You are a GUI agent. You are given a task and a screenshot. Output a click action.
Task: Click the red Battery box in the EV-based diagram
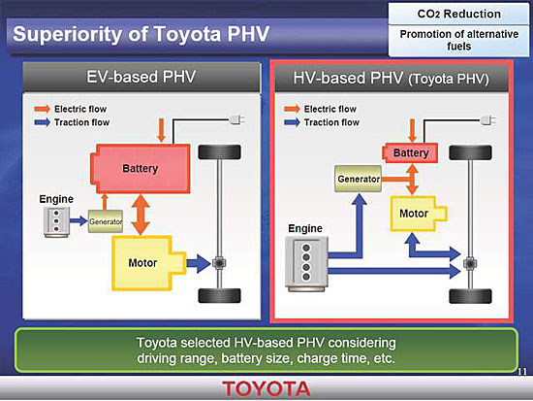click(141, 168)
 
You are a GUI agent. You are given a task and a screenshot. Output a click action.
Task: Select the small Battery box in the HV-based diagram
click(410, 153)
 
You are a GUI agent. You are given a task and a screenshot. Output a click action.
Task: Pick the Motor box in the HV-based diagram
click(418, 214)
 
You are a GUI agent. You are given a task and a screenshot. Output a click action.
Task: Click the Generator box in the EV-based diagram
click(106, 221)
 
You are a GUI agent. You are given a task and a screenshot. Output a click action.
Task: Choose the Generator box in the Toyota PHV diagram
click(358, 179)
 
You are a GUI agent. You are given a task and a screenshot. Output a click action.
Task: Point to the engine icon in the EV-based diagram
click(56, 221)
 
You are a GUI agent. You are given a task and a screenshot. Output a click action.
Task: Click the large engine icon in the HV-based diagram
click(306, 264)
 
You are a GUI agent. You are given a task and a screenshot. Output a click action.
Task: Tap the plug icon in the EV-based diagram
click(237, 120)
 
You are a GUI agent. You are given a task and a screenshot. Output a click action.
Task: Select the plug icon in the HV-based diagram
click(488, 120)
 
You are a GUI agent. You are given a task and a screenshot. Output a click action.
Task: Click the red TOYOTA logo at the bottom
click(266, 388)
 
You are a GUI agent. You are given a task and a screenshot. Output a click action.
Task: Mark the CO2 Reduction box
click(458, 14)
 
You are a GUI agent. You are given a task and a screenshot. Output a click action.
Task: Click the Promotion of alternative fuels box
click(458, 40)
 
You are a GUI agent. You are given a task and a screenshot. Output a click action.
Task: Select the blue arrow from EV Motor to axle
click(199, 263)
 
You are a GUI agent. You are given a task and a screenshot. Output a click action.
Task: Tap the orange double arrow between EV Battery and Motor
click(141, 215)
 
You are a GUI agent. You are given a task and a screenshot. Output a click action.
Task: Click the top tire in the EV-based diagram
click(220, 151)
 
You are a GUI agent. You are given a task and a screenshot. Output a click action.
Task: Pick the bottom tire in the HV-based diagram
click(470, 296)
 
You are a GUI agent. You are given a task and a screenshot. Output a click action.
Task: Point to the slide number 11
click(522, 371)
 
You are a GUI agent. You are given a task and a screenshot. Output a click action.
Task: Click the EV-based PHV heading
click(141, 77)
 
